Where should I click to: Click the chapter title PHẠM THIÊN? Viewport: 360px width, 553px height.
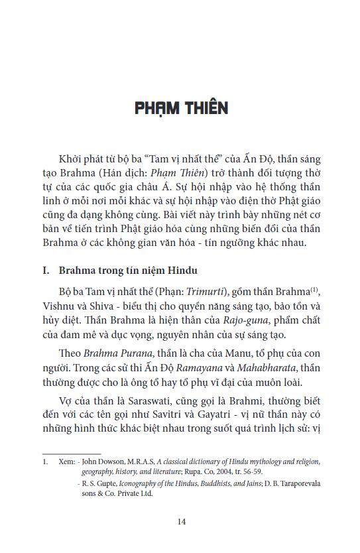pos(180,108)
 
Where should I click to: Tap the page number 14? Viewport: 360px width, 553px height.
pos(181,522)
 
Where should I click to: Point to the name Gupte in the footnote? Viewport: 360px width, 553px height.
pos(106,483)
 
